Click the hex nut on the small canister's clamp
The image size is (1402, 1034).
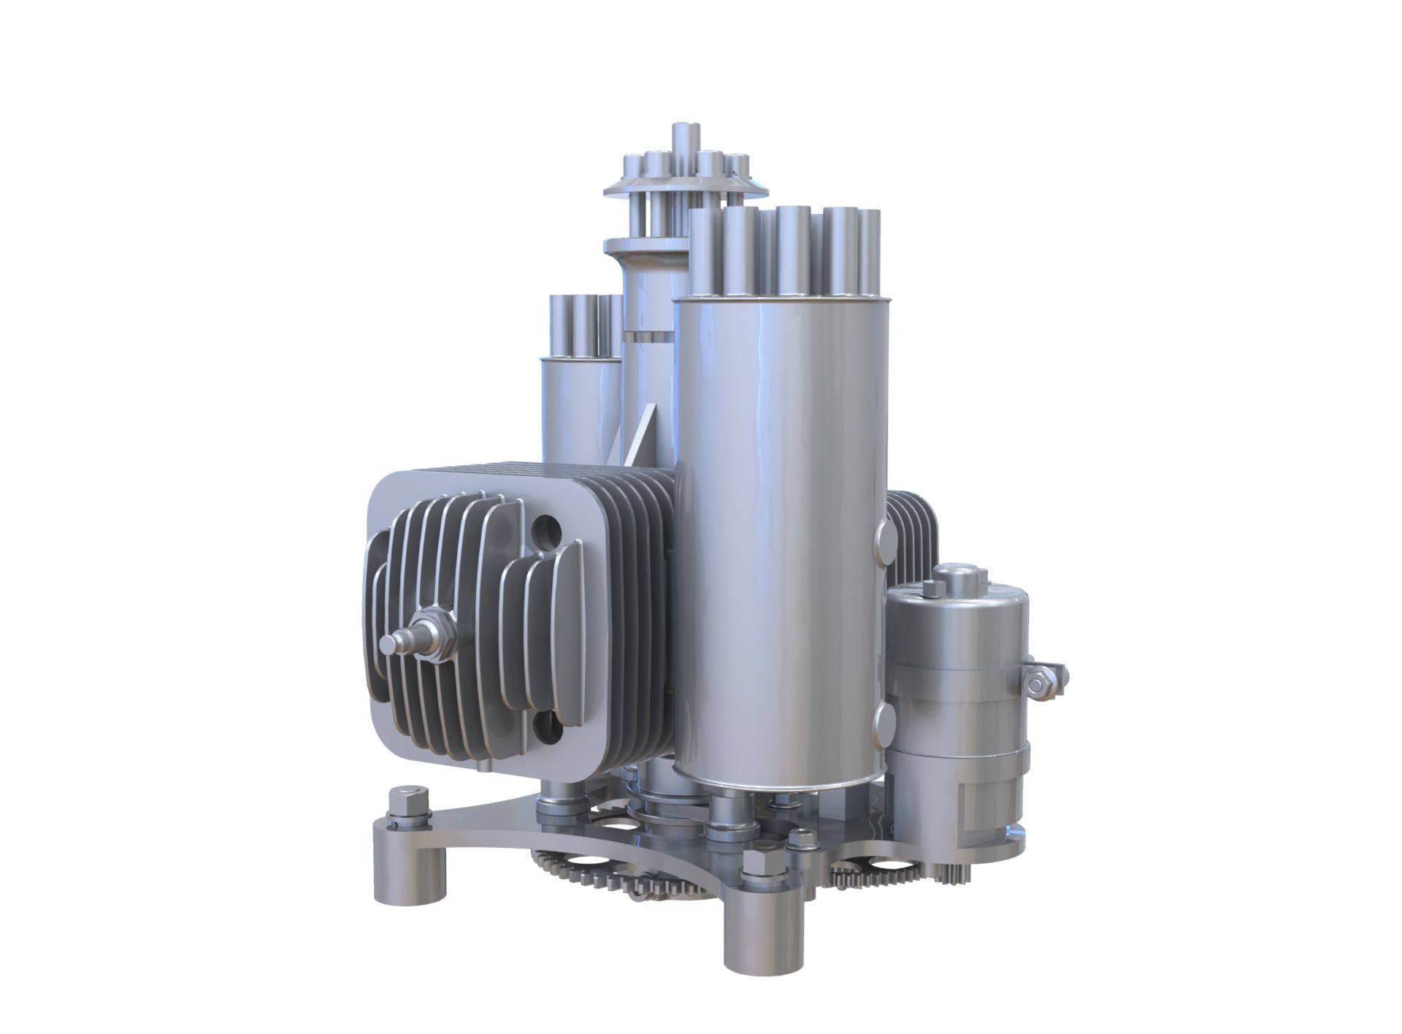point(1034,683)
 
